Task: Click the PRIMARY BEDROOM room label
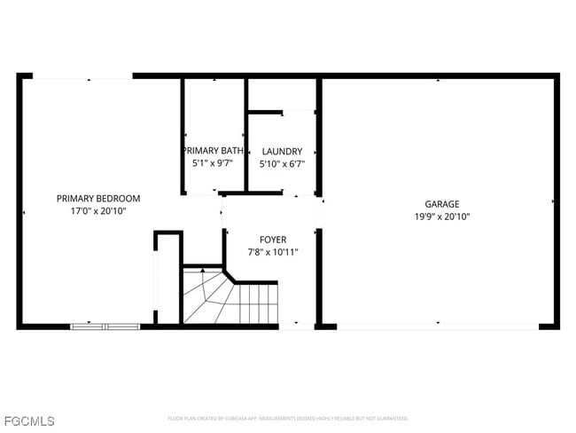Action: coord(98,198)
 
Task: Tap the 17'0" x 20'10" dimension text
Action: coord(98,211)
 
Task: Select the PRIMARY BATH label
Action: coord(213,151)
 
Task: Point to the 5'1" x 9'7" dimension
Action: coord(213,163)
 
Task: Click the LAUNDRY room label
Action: coord(281,152)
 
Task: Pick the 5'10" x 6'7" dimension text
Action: coord(281,164)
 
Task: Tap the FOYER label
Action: coord(273,240)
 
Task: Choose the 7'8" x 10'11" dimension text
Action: coord(273,252)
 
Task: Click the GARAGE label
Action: coord(441,203)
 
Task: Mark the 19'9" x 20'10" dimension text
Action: coord(441,216)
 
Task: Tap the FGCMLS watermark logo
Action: coord(29,420)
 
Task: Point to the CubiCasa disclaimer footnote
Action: coord(288,418)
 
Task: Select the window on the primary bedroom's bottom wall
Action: coord(105,327)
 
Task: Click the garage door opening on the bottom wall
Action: coord(437,327)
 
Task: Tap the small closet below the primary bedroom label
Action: coord(168,277)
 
